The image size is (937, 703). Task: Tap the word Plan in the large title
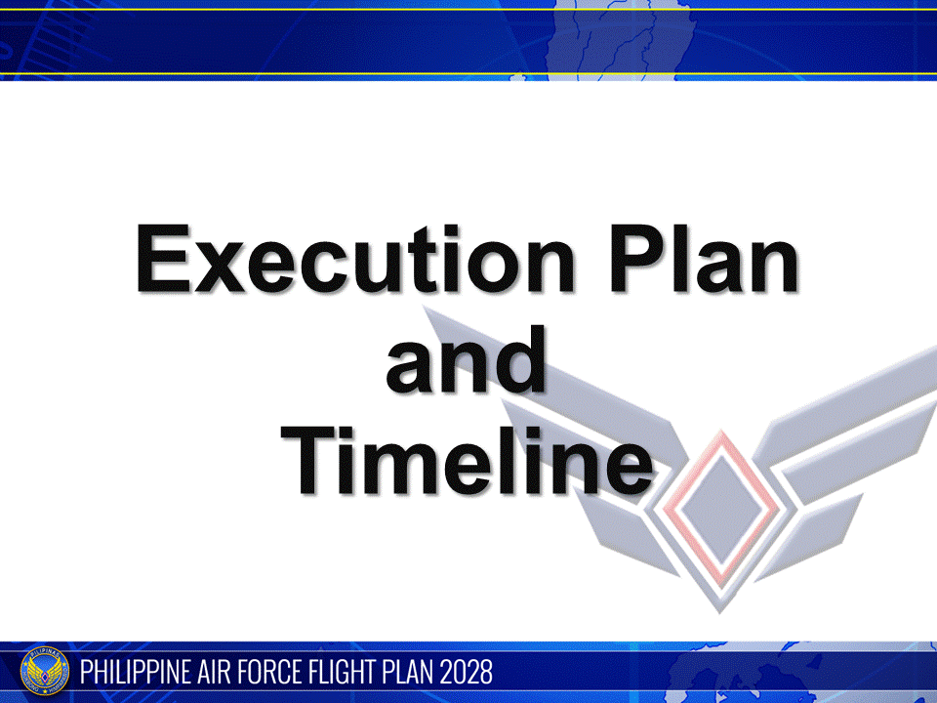click(x=706, y=260)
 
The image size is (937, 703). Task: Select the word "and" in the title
click(x=467, y=360)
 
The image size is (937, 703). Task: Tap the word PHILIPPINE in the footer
click(x=142, y=672)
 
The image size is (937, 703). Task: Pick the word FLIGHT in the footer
click(x=357, y=672)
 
